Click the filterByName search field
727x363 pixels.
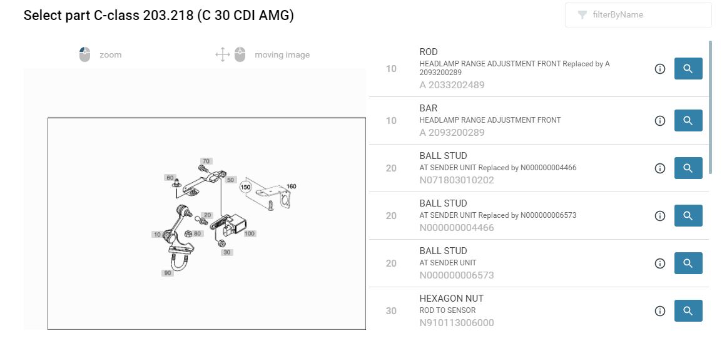coord(638,15)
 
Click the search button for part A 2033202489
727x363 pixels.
coord(688,69)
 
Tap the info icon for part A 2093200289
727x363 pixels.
coord(660,121)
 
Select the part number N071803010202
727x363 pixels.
coord(457,180)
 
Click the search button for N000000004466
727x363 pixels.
coord(688,215)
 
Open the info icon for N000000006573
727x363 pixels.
coord(660,263)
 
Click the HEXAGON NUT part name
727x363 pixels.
coord(452,298)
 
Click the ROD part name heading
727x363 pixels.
coord(429,52)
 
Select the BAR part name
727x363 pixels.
coord(429,108)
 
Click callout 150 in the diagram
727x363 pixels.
coord(245,187)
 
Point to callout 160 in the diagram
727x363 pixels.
coord(291,187)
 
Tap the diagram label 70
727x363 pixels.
coord(206,161)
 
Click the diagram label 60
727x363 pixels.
coord(170,178)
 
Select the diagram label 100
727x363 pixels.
coord(250,233)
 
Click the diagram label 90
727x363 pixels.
coord(168,273)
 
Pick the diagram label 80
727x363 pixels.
coord(198,233)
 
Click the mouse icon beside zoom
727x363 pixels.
coord(84,54)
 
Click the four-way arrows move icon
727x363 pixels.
coord(223,54)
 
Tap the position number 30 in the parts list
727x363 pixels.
coord(391,310)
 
